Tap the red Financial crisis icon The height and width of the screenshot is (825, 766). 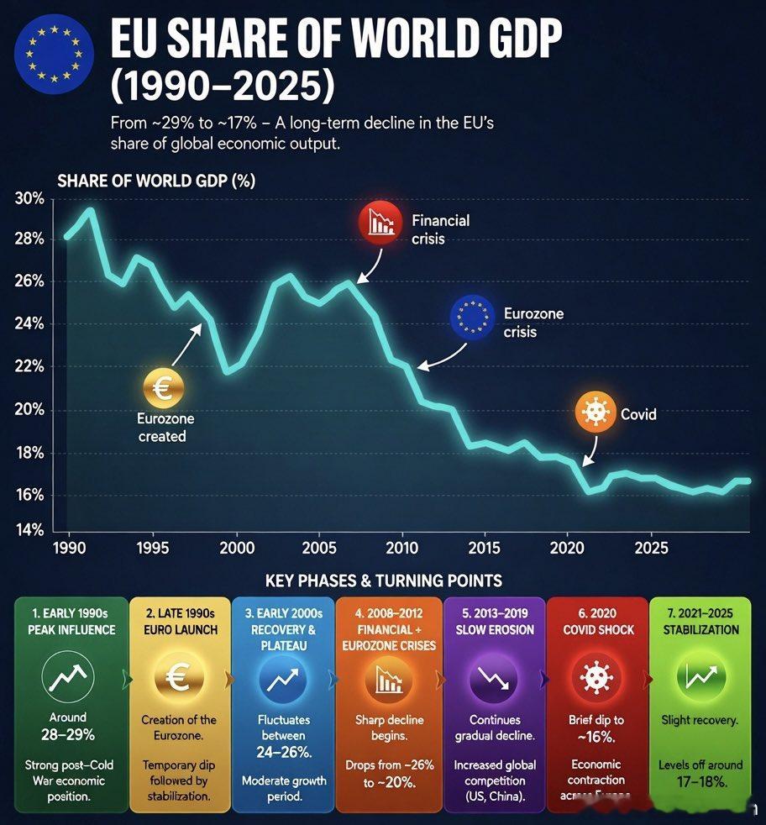click(380, 223)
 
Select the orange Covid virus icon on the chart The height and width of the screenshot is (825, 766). click(595, 413)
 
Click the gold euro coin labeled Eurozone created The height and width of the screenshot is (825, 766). click(163, 387)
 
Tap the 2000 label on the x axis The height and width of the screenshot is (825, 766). click(236, 549)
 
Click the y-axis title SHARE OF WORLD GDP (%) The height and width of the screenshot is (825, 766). click(156, 181)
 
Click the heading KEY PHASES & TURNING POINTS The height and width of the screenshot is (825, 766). click(383, 581)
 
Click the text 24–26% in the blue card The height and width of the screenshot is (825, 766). click(283, 750)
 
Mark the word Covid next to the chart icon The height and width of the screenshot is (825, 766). click(638, 414)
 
